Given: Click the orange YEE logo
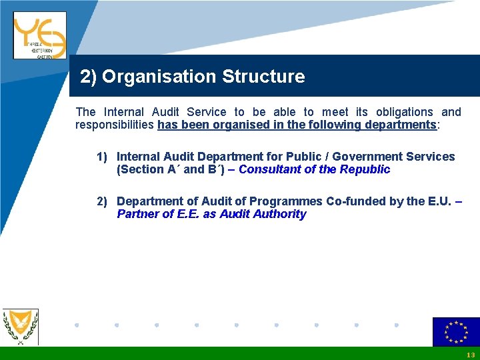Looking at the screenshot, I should pyautogui.click(x=39, y=35).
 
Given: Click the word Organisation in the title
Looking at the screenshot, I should pyautogui.click(x=159, y=77).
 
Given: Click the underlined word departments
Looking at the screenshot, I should pyautogui.click(x=397, y=125).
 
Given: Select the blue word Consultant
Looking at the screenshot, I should pyautogui.click(x=268, y=169).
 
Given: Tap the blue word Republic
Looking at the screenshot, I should pyautogui.click(x=365, y=169).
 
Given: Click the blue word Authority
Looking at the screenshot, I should pyautogui.click(x=280, y=214).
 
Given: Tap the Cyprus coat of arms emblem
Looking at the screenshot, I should pyautogui.click(x=21, y=327).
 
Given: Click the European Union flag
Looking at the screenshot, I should pyautogui.click(x=456, y=332).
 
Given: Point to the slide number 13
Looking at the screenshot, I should pyautogui.click(x=471, y=355).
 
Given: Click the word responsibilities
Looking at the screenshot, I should pyautogui.click(x=115, y=125).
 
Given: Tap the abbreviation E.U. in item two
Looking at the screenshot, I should pyautogui.click(x=441, y=201).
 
